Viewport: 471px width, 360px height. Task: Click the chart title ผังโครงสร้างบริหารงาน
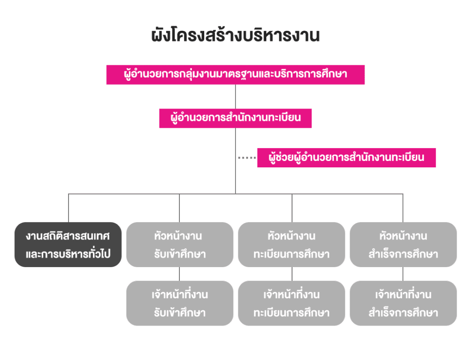coord(235,36)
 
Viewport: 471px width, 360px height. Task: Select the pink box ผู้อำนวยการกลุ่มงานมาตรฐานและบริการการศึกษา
coord(235,74)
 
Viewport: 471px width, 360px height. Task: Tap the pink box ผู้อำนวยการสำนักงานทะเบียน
coord(235,118)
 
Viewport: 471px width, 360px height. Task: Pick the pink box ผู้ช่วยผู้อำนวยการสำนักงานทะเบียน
coord(346,157)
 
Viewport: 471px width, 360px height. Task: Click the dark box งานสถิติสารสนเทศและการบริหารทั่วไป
coord(68,245)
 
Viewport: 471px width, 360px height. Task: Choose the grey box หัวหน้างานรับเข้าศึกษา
coord(179,245)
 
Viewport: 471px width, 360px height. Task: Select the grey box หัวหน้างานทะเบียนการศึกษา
coord(292,245)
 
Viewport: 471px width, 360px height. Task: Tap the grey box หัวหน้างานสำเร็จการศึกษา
coord(403,245)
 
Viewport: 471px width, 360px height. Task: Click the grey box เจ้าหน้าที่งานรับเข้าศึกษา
coord(179,303)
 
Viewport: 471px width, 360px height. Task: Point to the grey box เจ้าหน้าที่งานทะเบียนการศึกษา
coord(292,303)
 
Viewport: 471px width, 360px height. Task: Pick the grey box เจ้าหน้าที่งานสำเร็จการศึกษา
coord(403,303)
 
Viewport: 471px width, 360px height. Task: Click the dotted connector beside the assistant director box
coord(247,158)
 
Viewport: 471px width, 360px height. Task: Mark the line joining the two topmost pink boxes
coord(235,97)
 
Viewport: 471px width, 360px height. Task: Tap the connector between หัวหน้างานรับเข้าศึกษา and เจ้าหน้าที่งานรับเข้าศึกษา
coord(179,274)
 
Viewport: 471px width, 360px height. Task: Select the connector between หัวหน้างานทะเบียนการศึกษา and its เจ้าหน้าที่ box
coord(292,274)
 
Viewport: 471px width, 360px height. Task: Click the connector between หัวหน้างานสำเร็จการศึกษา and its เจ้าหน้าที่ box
coord(403,274)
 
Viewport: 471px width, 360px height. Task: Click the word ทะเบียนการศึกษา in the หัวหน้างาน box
coord(292,254)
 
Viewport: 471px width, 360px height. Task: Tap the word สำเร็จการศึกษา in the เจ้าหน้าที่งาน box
coord(403,313)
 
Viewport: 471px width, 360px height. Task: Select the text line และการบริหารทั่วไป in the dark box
coord(68,254)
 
